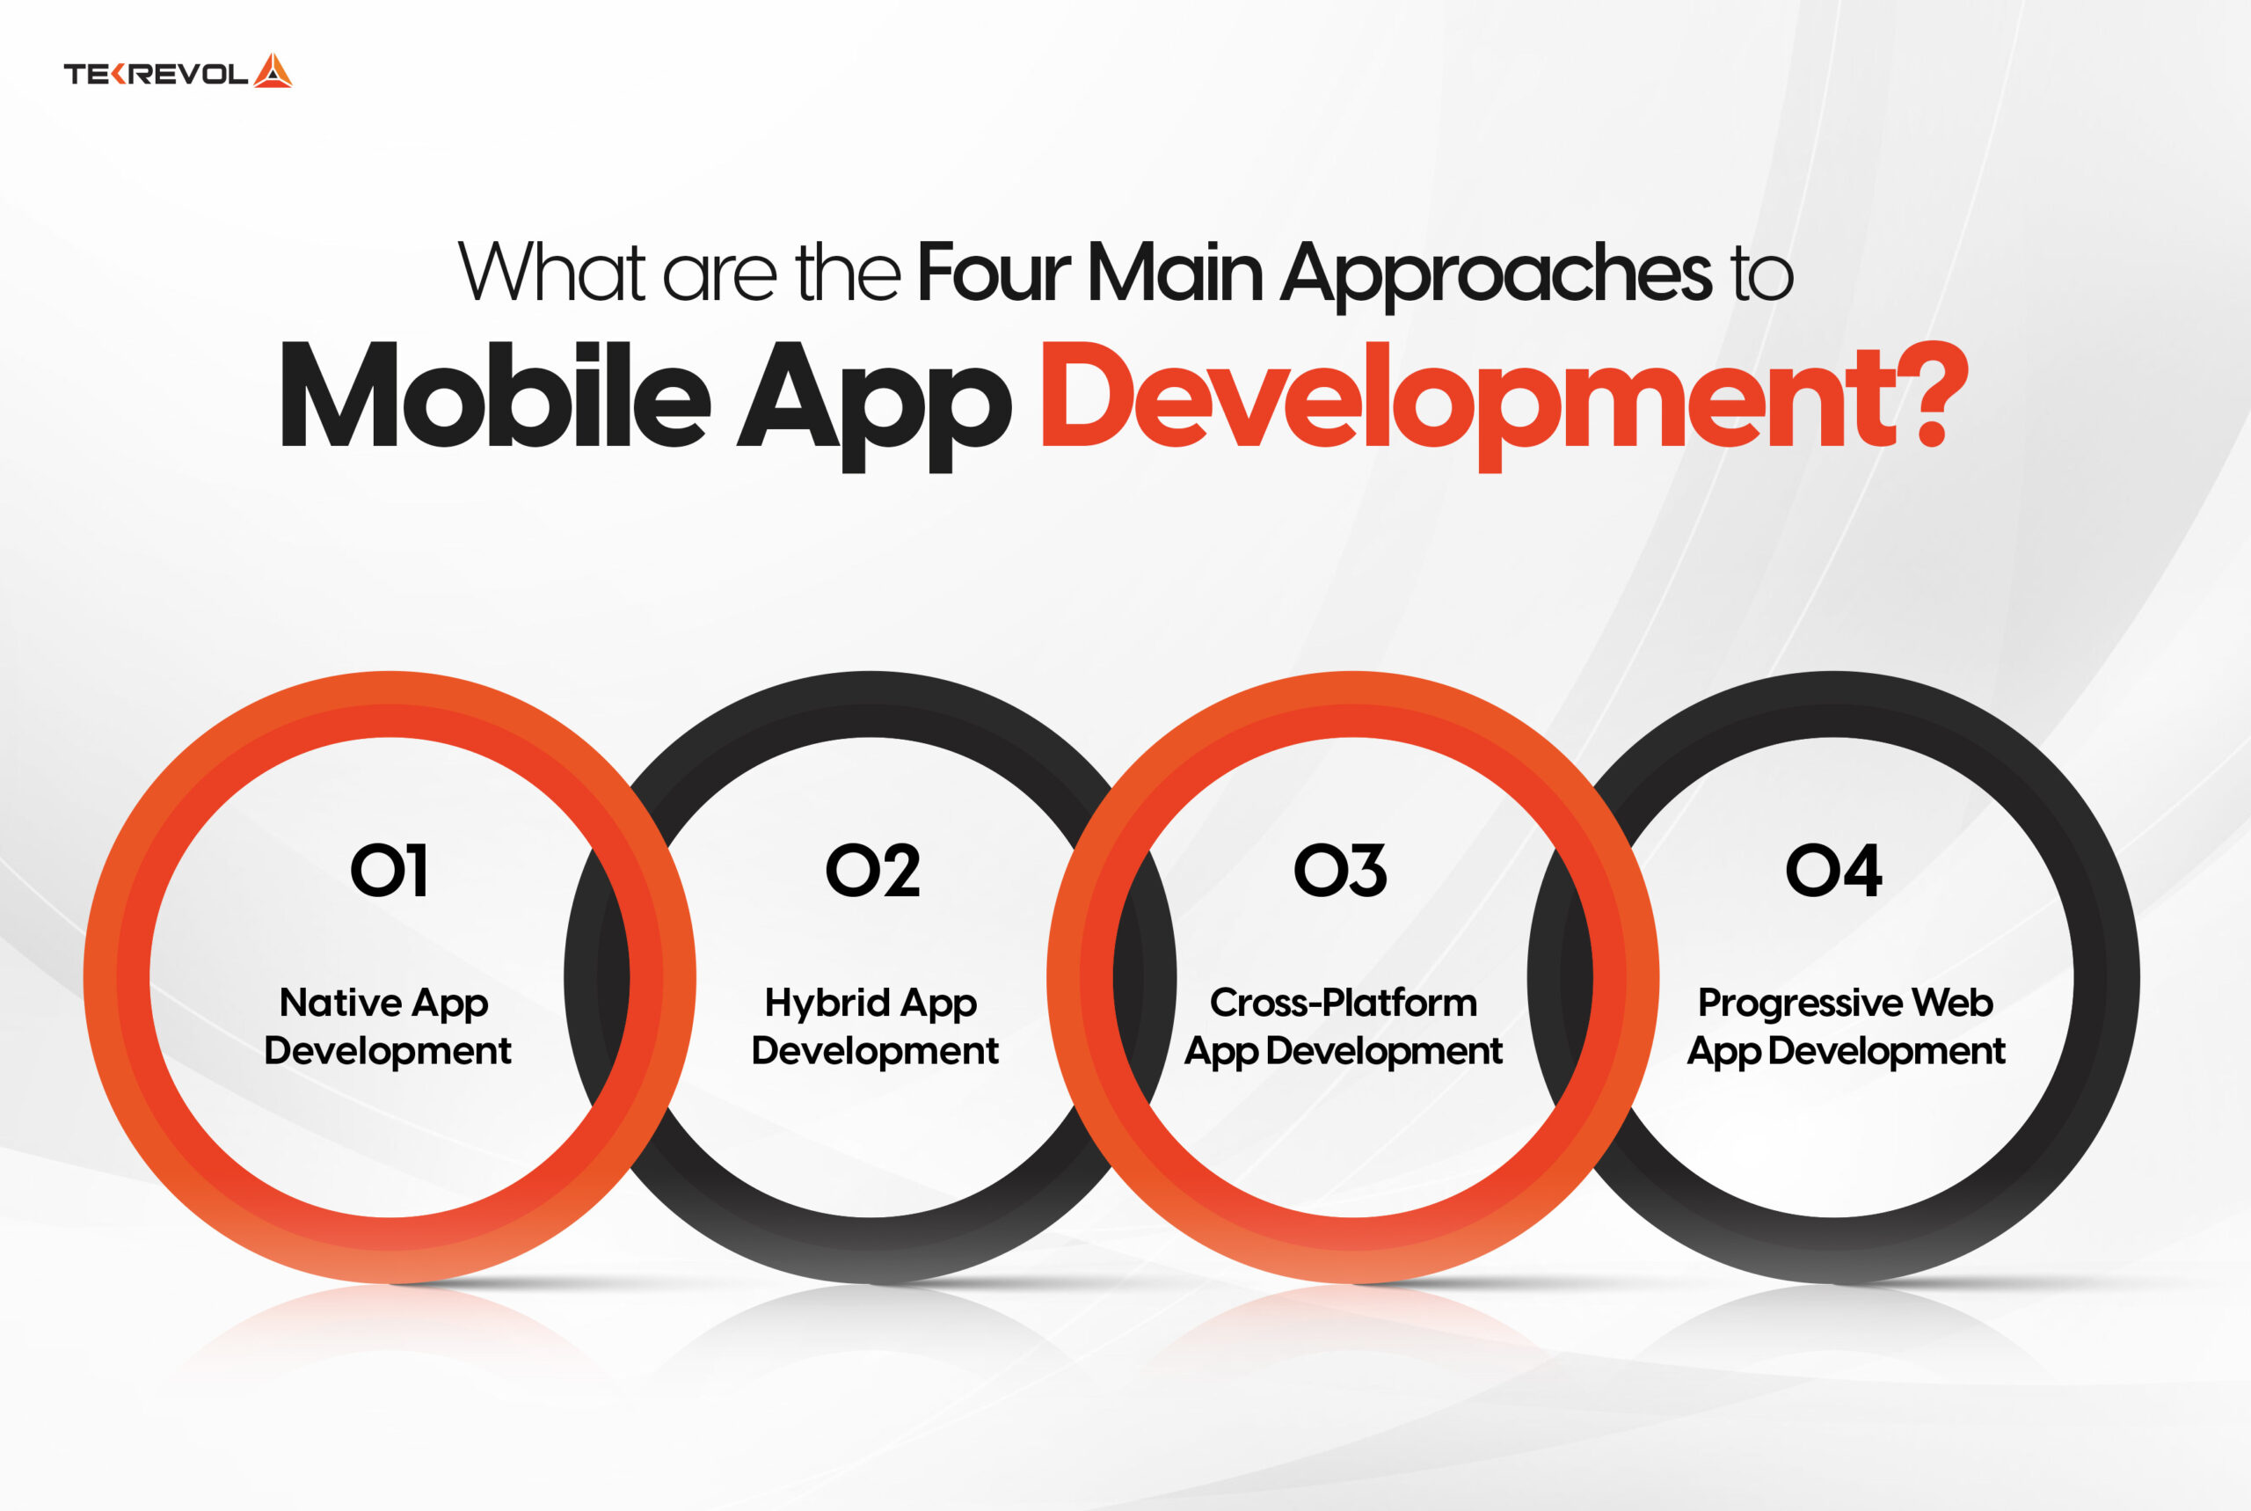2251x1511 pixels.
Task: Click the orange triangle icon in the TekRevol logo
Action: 273,71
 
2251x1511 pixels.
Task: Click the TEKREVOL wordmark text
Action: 156,74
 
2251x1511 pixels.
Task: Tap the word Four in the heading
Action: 993,273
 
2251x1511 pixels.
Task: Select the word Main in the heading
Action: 1175,273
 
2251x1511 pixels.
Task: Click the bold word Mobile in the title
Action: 495,394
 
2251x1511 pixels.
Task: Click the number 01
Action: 390,871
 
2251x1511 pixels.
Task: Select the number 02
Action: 872,871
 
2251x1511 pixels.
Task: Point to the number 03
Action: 1341,871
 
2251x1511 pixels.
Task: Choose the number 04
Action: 1834,871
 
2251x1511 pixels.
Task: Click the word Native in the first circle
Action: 340,1002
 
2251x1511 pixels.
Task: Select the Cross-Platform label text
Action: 1344,1002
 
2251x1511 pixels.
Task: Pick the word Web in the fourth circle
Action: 1952,1002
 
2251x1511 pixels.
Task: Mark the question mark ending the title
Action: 1941,394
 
